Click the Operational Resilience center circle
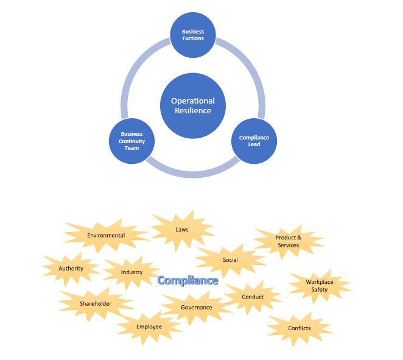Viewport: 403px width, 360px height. (x=193, y=106)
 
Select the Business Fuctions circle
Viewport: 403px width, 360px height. (x=193, y=35)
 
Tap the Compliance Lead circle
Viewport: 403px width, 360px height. (x=254, y=141)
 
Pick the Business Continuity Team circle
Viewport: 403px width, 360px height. (x=131, y=141)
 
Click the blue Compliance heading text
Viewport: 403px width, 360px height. (x=188, y=280)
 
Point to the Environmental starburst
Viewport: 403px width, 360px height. (x=106, y=235)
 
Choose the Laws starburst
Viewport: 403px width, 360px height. (x=182, y=230)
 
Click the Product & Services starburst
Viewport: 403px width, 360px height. (x=288, y=241)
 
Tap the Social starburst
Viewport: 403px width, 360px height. (x=230, y=260)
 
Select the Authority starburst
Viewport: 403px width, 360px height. (x=71, y=269)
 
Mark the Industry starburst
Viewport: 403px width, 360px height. (x=131, y=272)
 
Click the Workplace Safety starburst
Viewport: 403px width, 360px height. (x=320, y=286)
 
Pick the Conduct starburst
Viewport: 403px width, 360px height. (x=253, y=297)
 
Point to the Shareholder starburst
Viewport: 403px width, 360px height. (x=96, y=304)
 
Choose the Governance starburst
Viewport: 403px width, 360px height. (x=197, y=308)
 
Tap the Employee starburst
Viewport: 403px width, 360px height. (x=149, y=327)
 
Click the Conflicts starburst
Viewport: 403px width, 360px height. (x=300, y=328)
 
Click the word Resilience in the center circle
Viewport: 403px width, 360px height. (x=193, y=111)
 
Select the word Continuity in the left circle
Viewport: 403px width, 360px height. (x=131, y=141)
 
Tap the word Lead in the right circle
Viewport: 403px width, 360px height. (x=254, y=144)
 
